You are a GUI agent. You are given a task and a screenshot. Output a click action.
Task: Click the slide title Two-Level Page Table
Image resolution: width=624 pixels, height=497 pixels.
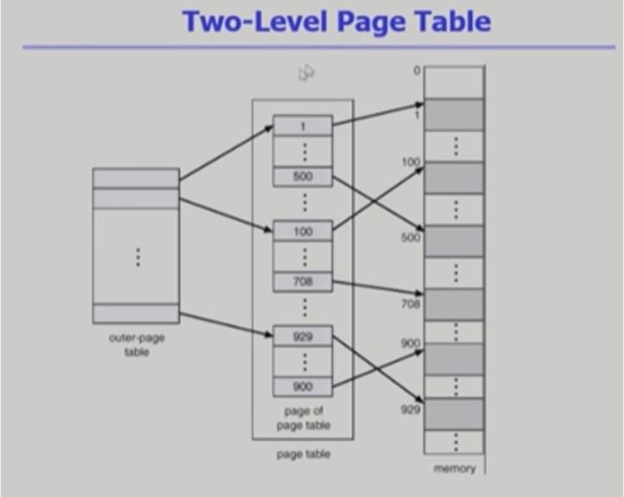pos(336,21)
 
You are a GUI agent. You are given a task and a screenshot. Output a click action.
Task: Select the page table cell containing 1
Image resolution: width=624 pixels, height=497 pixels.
pos(303,126)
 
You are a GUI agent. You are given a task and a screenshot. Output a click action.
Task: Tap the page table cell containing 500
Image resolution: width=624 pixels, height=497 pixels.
pos(303,177)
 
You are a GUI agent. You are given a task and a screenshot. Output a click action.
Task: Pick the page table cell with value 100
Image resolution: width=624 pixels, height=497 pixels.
pos(303,231)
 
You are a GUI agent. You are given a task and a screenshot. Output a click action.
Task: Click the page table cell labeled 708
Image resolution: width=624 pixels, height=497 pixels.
pos(303,281)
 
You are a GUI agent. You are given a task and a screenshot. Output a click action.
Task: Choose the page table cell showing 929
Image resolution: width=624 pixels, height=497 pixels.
pos(303,337)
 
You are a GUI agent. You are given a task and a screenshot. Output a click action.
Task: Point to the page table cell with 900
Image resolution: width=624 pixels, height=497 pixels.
pos(303,387)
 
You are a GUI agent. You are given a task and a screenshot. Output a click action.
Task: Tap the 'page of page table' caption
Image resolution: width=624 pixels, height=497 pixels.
pos(303,418)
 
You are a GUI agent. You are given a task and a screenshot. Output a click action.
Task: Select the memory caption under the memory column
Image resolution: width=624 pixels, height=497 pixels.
pos(454,469)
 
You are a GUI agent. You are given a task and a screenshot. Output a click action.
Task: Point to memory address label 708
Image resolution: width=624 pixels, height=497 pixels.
pos(411,304)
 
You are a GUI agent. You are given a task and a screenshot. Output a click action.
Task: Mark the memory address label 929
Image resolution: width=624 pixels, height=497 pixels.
pos(411,409)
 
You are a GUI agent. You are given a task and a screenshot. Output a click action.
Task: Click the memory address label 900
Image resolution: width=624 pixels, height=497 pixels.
pos(411,343)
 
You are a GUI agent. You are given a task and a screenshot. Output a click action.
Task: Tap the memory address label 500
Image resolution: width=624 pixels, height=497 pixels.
pos(411,237)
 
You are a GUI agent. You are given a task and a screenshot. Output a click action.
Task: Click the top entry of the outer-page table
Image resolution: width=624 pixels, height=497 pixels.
pos(136,178)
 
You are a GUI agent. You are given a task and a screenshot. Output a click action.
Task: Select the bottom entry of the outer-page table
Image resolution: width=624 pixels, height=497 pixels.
pos(136,313)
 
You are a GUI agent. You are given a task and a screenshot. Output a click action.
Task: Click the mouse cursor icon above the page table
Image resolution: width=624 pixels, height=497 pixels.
pos(306,74)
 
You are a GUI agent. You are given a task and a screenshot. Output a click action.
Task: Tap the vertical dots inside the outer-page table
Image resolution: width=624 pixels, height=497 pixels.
pos(136,256)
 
